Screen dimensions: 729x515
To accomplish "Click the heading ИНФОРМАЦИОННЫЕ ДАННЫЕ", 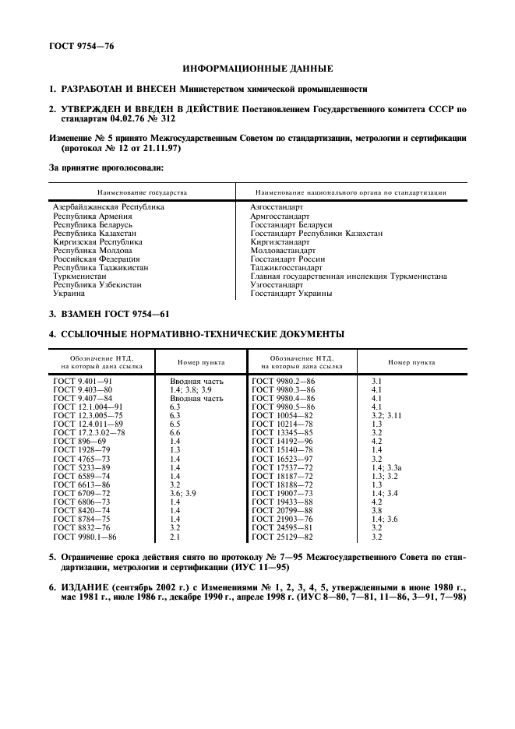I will pyautogui.click(x=257, y=69).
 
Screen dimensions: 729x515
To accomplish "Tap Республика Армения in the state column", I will pyautogui.click(x=92, y=216).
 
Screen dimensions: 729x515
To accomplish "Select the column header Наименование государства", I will pyautogui.click(x=141, y=192).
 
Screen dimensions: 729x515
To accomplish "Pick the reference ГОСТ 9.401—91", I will pyautogui.click(x=83, y=380).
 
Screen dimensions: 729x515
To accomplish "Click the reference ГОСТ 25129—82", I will pyautogui.click(x=282, y=537).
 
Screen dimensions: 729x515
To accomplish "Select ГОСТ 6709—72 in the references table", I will pyautogui.click(x=82, y=494).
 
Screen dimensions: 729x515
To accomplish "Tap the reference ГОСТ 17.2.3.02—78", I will pyautogui.click(x=89, y=432).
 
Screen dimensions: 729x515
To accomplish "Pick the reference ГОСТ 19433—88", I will pyautogui.click(x=282, y=502).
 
